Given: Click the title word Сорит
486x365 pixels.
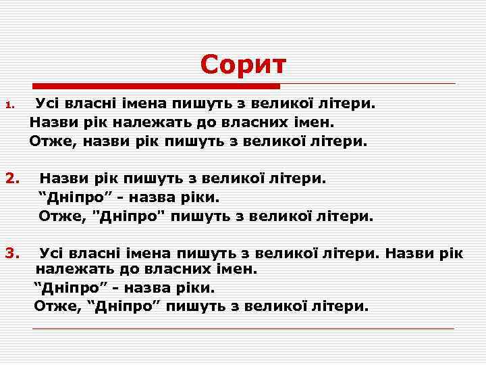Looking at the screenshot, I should click(x=243, y=65).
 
